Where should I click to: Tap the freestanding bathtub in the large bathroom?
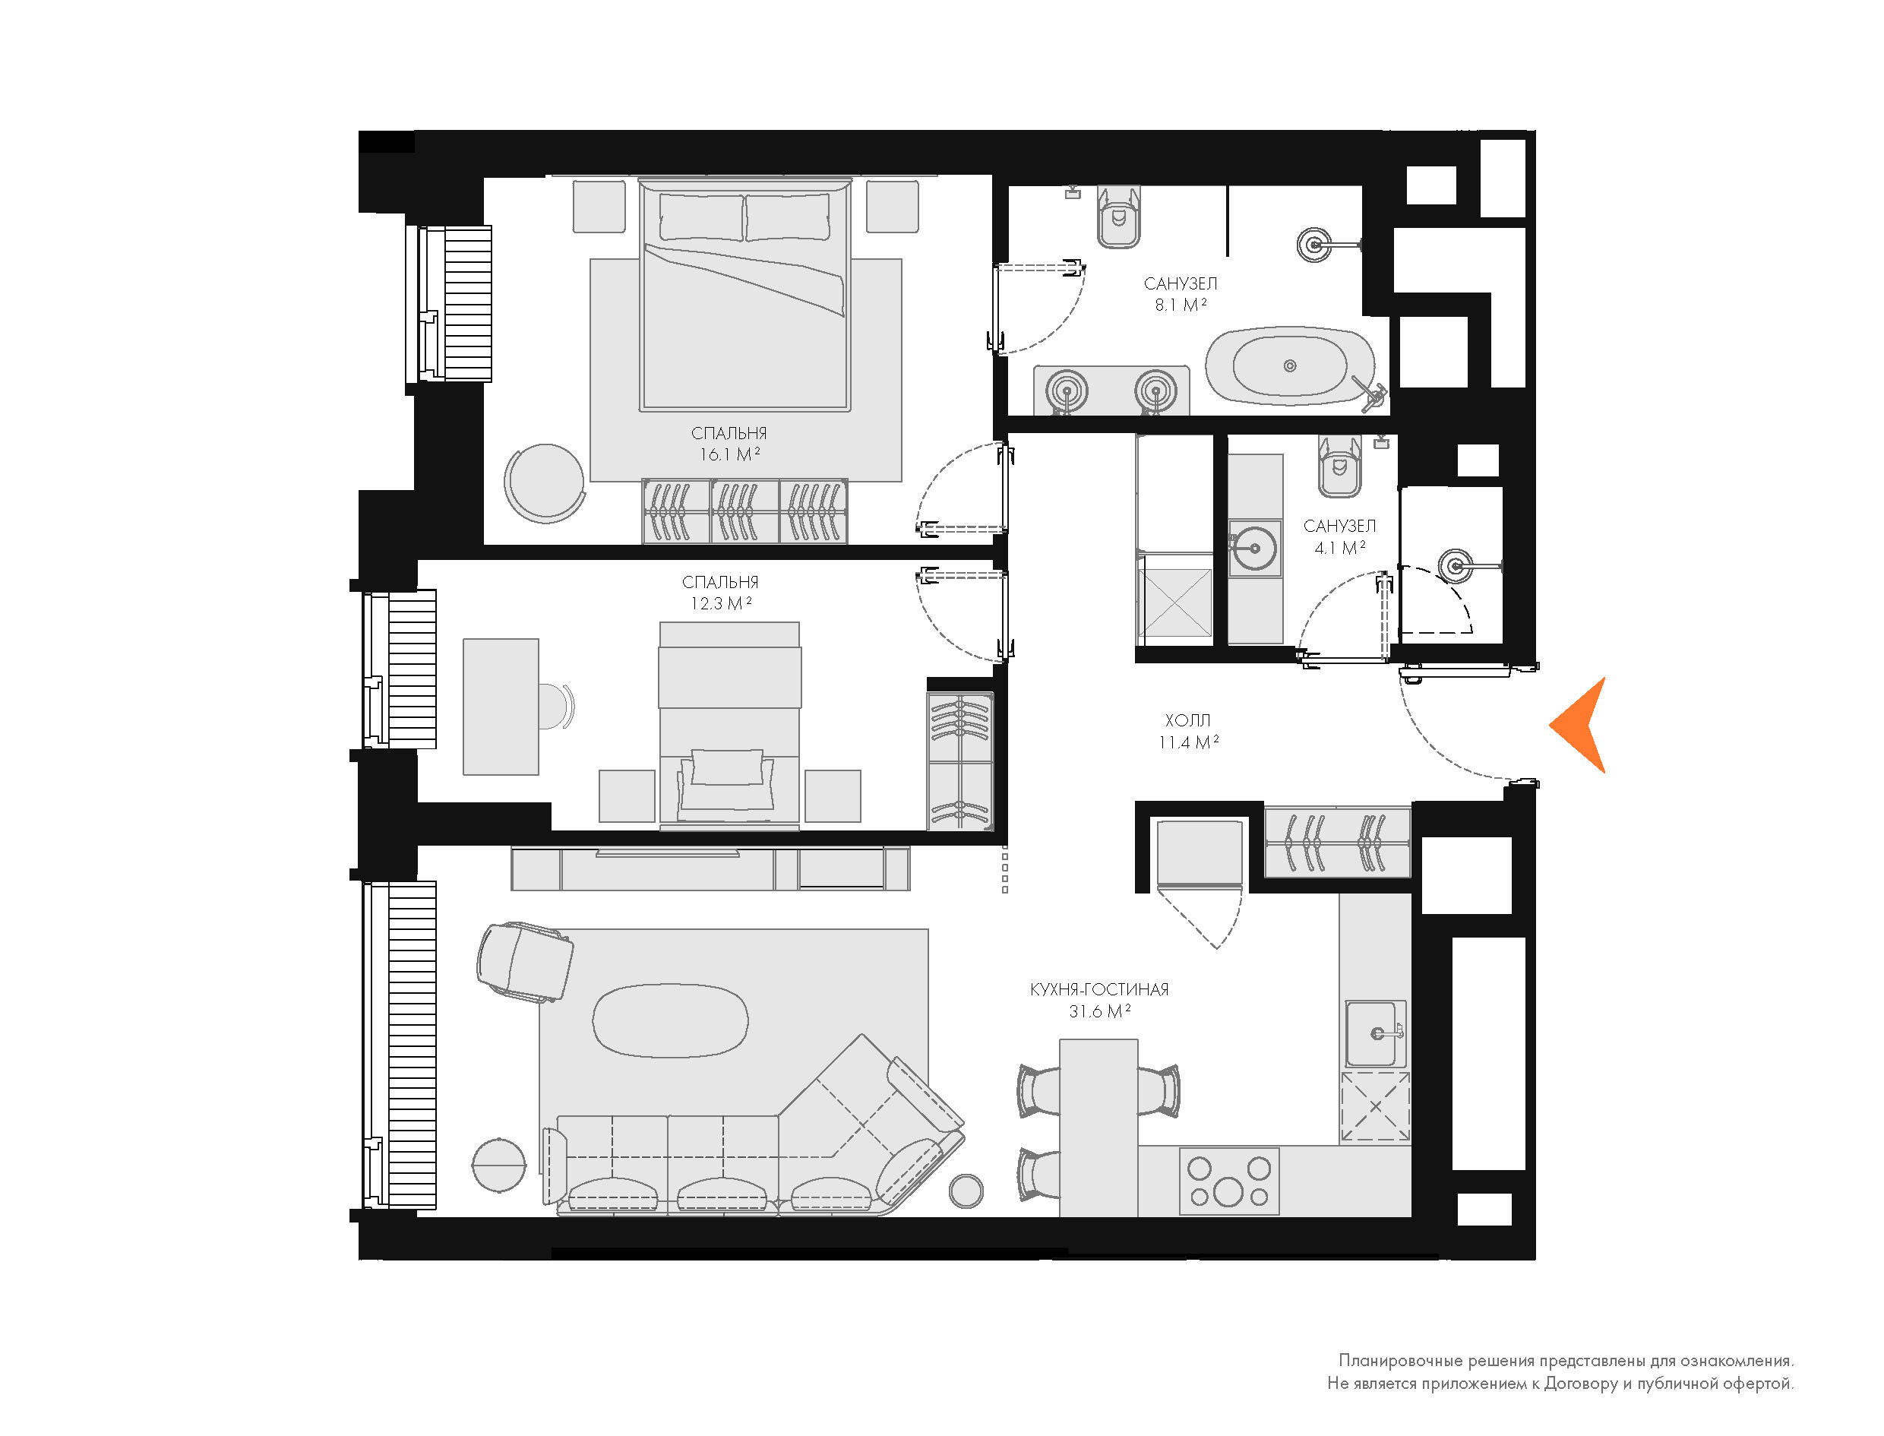(1290, 366)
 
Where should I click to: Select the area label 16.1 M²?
(730, 454)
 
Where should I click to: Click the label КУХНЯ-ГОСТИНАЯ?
(1098, 990)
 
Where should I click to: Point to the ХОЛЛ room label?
(1187, 720)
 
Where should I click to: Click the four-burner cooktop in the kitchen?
(1229, 1181)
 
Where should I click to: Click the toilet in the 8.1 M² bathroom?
(1118, 217)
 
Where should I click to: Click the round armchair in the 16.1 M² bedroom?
(544, 483)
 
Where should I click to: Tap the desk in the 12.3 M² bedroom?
(501, 707)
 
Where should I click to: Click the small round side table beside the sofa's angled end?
(966, 1191)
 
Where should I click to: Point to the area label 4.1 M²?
(1340, 548)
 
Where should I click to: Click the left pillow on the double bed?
(700, 217)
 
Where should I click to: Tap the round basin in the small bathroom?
(1255, 548)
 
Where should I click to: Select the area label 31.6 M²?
(1100, 1012)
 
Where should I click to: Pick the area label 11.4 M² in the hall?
(1188, 743)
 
